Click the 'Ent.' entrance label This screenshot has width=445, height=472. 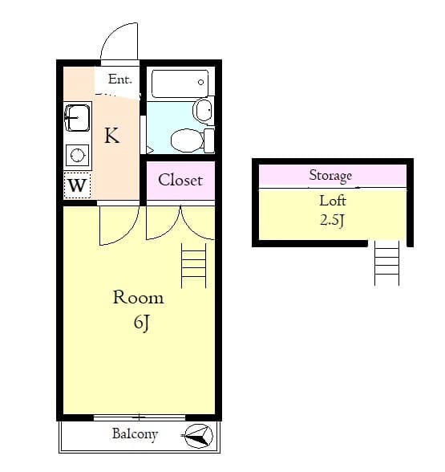119,79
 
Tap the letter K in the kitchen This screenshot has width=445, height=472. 112,136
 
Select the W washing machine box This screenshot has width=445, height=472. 77,185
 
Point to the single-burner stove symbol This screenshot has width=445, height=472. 77,155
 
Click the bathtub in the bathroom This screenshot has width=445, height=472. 180,83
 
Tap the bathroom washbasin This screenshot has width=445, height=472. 203,109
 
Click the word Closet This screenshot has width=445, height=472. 180,180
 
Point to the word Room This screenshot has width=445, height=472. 138,297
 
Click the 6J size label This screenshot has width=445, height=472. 141,323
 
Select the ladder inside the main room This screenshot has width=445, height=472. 194,266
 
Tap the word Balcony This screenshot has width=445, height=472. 134,434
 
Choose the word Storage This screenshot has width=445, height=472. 330,175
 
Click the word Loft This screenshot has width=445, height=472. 332,201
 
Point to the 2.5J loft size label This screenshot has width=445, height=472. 332,220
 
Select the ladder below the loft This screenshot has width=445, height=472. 386,263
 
